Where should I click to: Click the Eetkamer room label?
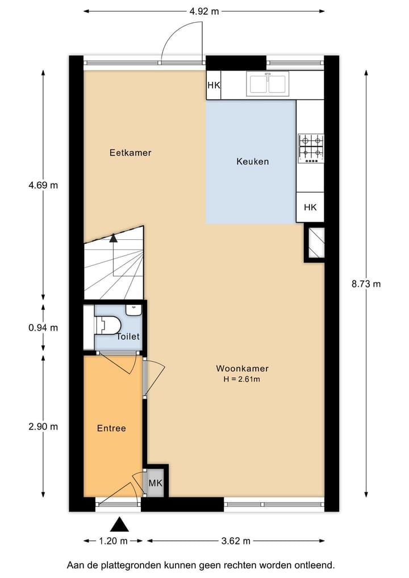pos(130,152)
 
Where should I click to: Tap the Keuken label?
pos(252,161)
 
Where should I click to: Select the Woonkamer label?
pos(242,368)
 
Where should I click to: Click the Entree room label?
pos(111,428)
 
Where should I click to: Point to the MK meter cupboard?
pos(155,483)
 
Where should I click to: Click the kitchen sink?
pos(267,84)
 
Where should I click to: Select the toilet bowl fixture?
pos(108,325)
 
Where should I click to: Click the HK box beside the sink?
pos(214,85)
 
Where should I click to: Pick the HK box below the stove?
pos(310,207)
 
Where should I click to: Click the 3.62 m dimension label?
pos(236,541)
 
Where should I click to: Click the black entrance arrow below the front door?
pos(119,524)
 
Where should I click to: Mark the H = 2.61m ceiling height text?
pos(242,379)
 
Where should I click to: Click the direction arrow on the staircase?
pos(113,238)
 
